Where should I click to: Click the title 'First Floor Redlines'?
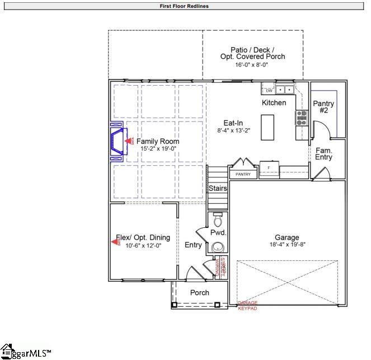pyautogui.click(x=184, y=7)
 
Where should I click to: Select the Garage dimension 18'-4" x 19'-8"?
pyautogui.click(x=287, y=244)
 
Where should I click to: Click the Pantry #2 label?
pyautogui.click(x=323, y=107)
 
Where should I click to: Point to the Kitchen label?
pyautogui.click(x=274, y=103)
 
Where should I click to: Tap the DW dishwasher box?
pyautogui.click(x=269, y=90)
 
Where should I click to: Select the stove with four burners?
pyautogui.click(x=302, y=117)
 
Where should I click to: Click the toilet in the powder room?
pyautogui.click(x=218, y=216)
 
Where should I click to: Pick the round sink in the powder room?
pyautogui.click(x=217, y=246)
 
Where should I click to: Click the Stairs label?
pyautogui.click(x=218, y=189)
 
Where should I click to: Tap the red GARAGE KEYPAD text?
pyautogui.click(x=248, y=305)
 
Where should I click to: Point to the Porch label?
pyautogui.click(x=200, y=292)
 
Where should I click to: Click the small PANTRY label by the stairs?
pyautogui.click(x=243, y=175)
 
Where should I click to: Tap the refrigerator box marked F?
pyautogui.click(x=269, y=167)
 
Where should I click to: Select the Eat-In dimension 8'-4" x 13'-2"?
pyautogui.click(x=233, y=130)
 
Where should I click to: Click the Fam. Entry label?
pyautogui.click(x=323, y=154)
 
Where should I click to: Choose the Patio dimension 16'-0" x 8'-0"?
pyautogui.click(x=251, y=64)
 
